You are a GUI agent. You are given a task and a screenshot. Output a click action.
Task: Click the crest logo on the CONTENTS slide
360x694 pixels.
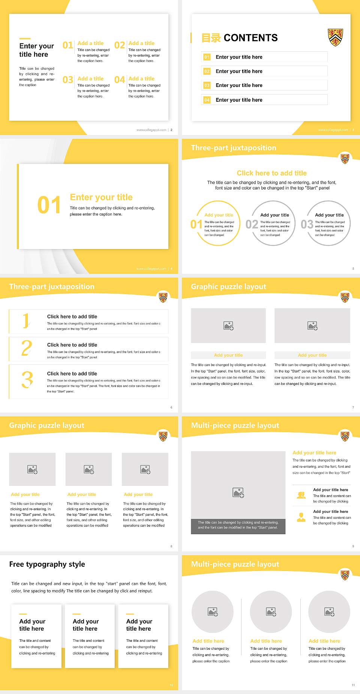[335, 37]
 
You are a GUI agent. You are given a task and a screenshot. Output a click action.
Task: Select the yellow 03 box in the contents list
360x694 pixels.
[207, 86]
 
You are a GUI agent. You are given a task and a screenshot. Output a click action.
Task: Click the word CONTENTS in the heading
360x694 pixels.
[250, 38]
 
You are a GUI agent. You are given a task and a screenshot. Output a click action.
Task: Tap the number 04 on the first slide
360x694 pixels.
[120, 80]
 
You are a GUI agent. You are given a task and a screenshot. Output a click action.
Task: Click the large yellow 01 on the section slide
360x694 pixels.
[49, 205]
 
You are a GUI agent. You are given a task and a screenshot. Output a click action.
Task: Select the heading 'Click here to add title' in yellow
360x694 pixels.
[271, 173]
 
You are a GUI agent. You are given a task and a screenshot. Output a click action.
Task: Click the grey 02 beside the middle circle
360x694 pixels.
[252, 224]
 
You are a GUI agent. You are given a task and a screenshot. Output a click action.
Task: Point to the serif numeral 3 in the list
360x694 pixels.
[27, 380]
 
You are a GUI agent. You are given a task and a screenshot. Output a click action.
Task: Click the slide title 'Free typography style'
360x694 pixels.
[47, 564]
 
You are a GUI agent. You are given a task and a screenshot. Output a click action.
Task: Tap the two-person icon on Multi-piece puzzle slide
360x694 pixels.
[301, 495]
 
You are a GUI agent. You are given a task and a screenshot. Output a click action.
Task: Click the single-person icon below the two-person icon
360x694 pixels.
[301, 517]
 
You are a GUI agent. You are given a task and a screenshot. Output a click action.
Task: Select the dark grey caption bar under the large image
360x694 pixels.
[238, 525]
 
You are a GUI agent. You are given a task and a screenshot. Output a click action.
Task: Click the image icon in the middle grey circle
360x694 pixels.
[271, 612]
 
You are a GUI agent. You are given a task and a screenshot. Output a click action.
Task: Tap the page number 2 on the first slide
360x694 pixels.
[171, 130]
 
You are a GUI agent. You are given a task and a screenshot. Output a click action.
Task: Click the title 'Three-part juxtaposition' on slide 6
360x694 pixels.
[52, 287]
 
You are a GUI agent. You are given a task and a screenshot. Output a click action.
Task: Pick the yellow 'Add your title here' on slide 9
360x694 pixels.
[314, 453]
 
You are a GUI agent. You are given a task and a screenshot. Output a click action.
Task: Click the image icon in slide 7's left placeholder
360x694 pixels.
[228, 326]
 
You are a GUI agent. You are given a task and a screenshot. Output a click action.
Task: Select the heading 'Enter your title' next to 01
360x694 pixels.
[101, 197]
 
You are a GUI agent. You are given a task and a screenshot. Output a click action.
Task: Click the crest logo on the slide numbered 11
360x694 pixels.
[345, 575]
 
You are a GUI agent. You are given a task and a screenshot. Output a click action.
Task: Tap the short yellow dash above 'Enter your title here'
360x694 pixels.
[25, 38]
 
